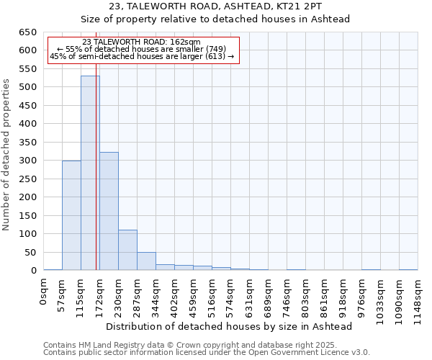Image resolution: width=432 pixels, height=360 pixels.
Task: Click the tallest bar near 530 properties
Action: click(x=90, y=173)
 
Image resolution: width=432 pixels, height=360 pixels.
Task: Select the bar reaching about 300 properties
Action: click(x=71, y=215)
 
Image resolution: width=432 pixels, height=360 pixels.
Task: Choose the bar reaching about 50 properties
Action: click(x=146, y=261)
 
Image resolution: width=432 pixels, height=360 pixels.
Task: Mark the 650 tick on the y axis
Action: click(x=27, y=32)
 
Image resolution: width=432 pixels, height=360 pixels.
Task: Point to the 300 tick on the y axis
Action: click(x=27, y=161)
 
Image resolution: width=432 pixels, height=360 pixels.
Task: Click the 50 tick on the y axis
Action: click(x=30, y=253)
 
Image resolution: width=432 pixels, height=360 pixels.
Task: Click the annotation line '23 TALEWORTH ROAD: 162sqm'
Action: click(x=141, y=42)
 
